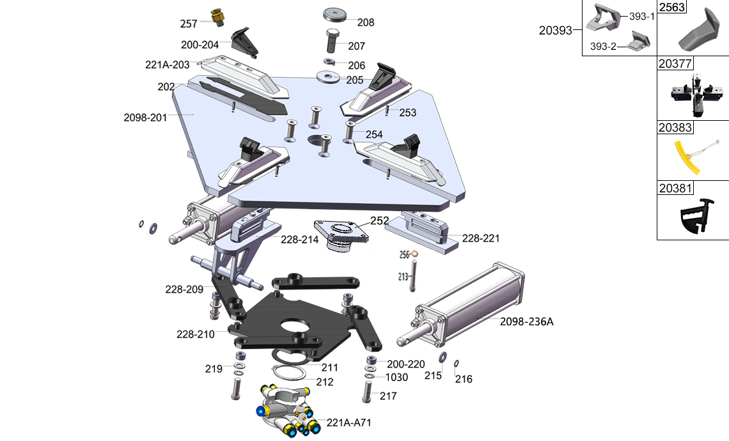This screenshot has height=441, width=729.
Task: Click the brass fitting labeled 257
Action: click(217, 18)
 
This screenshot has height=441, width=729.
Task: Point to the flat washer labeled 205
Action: click(329, 77)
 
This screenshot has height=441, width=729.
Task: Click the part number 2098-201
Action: click(145, 118)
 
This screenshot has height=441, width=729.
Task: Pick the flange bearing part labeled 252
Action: click(341, 236)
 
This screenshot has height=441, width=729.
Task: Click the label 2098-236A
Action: click(527, 321)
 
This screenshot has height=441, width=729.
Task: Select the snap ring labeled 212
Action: click(288, 373)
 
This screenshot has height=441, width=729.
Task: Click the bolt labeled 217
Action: click(367, 391)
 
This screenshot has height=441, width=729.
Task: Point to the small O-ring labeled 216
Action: click(457, 364)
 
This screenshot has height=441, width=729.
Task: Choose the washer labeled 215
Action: click(443, 357)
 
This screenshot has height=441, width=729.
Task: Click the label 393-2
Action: click(603, 47)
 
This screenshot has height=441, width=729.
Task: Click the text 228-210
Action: click(195, 334)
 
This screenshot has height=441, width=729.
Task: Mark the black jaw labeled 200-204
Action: click(244, 42)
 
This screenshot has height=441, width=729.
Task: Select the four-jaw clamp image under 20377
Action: click(696, 95)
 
